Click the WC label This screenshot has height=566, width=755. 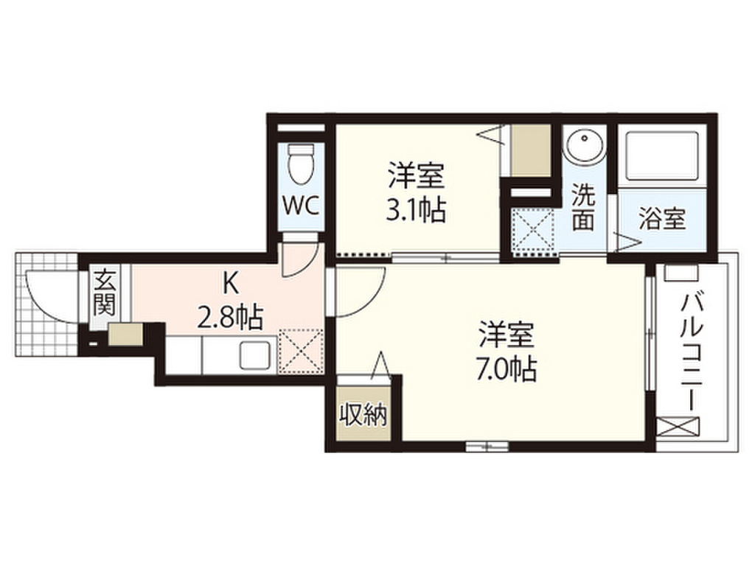[x=302, y=206]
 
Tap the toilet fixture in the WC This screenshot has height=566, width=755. [x=302, y=164]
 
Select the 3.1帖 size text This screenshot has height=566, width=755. [x=416, y=212]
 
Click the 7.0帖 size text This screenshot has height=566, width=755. [x=505, y=367]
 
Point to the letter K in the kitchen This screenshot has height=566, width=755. [x=231, y=282]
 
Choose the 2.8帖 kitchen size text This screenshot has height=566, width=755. [x=231, y=318]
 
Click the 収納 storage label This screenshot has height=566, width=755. [x=363, y=416]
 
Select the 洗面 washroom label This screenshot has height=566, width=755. [x=582, y=208]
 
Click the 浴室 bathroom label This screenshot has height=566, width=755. [x=662, y=219]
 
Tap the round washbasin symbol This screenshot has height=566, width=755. [x=585, y=146]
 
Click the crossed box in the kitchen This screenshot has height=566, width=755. [x=301, y=349]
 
